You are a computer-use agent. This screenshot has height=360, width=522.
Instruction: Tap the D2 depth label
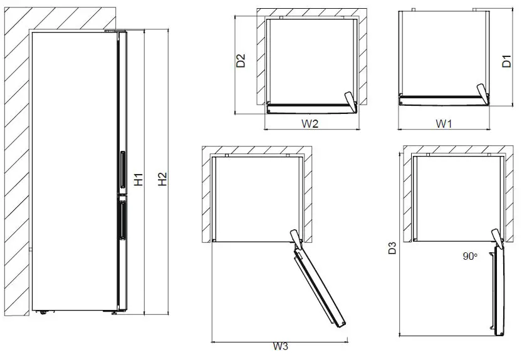(240, 62)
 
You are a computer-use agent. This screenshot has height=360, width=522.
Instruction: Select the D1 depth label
(508, 61)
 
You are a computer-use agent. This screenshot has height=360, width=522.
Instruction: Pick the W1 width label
(444, 123)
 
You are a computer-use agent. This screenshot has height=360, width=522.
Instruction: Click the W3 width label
(280, 347)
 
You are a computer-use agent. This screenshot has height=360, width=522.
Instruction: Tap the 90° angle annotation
(469, 255)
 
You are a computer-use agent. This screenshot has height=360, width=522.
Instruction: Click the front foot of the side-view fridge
(114, 313)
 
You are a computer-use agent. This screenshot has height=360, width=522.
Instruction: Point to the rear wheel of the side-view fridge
(43, 312)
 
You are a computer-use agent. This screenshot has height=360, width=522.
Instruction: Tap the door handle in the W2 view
(348, 100)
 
